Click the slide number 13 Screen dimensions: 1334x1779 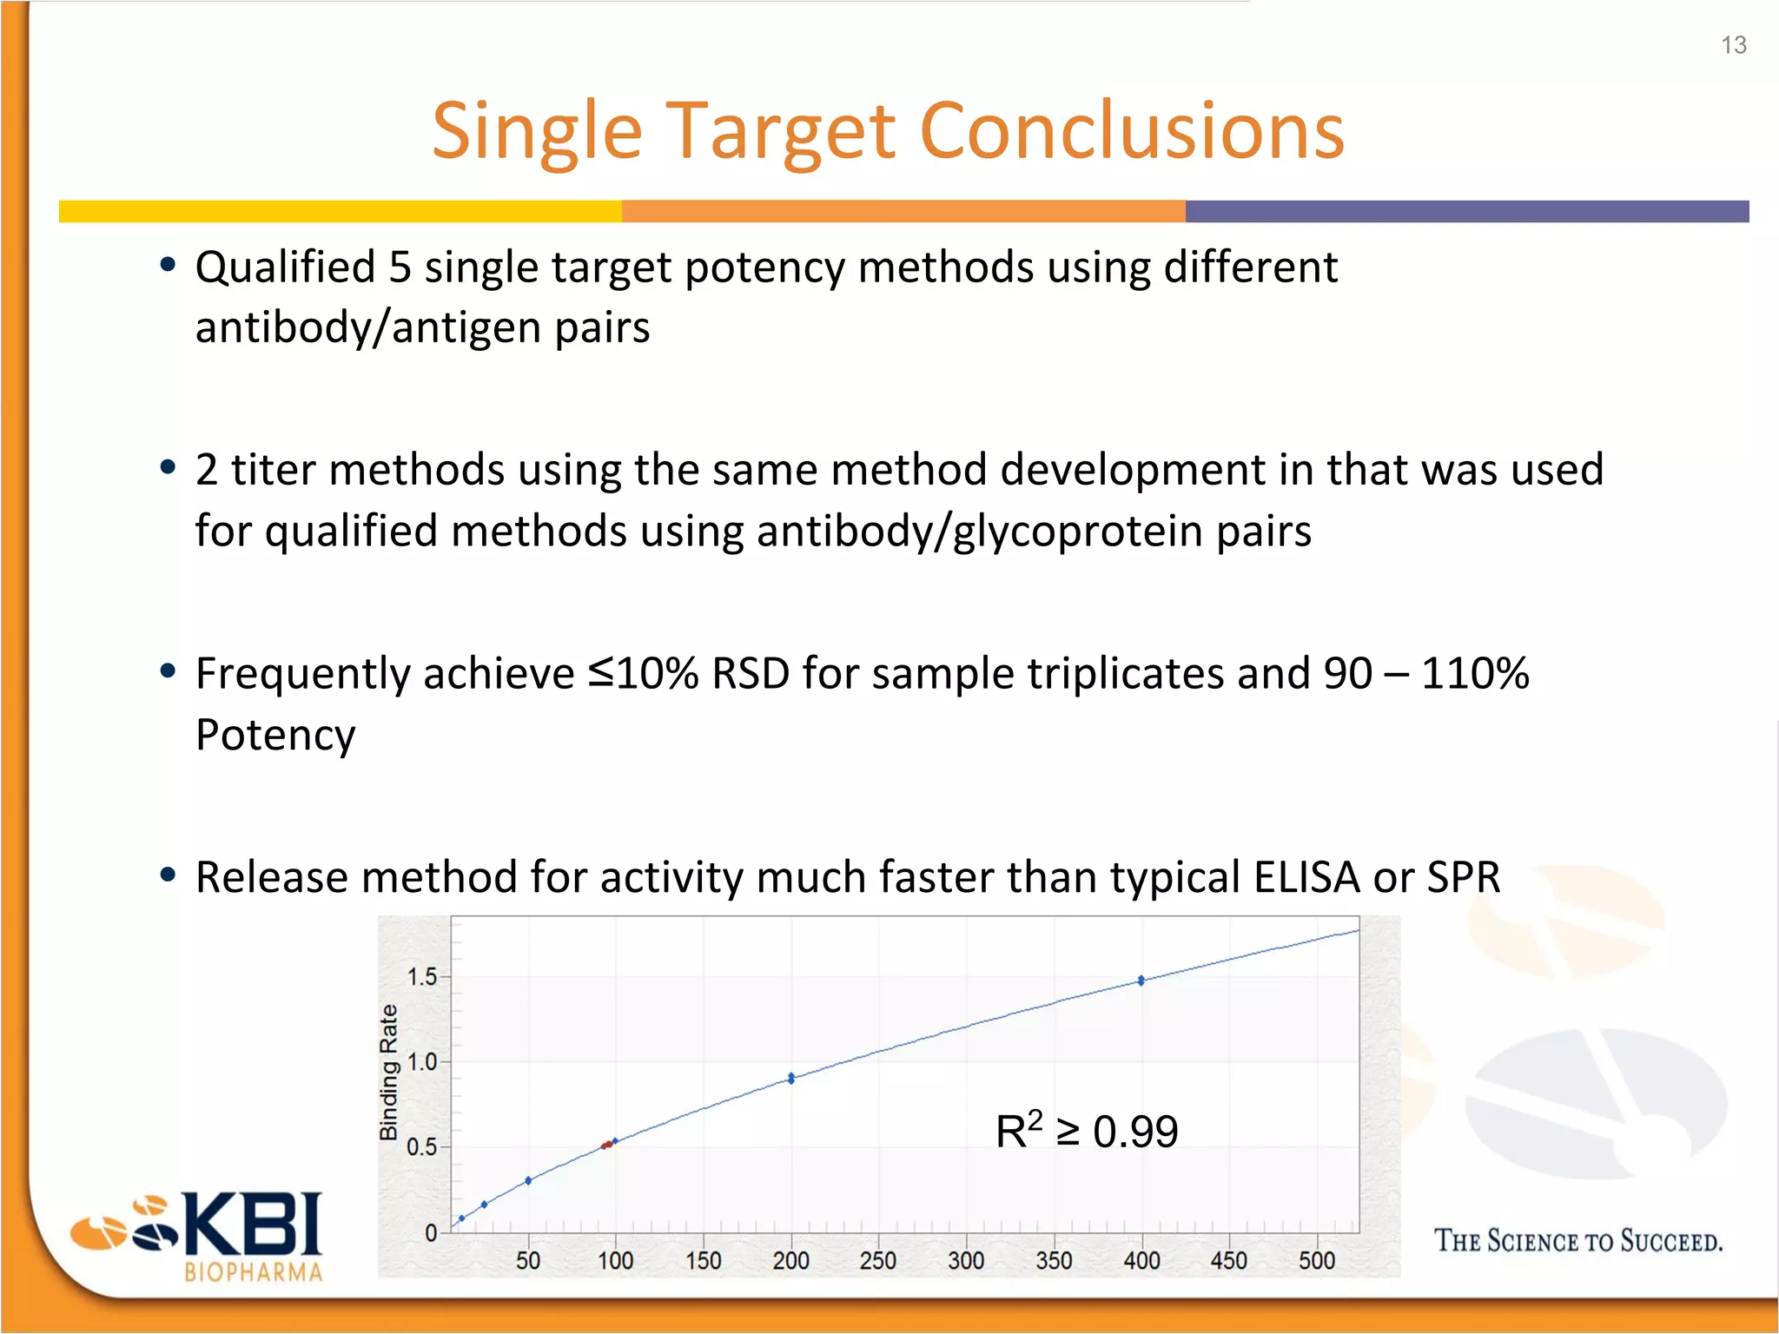pyautogui.click(x=1733, y=45)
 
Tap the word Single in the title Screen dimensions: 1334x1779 pyautogui.click(x=537, y=131)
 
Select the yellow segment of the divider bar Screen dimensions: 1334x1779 pyautogui.click(x=339, y=211)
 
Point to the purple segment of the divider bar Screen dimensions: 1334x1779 pyautogui.click(x=1466, y=211)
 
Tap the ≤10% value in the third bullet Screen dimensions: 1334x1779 pyautogui.click(x=644, y=673)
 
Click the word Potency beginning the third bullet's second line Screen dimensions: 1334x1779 pyautogui.click(x=275, y=735)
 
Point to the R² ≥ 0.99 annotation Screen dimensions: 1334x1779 pyautogui.click(x=1086, y=1131)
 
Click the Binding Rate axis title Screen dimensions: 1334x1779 pyautogui.click(x=388, y=1073)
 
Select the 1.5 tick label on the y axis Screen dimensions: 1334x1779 pyautogui.click(x=422, y=977)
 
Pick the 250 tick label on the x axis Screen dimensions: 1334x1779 pyautogui.click(x=877, y=1260)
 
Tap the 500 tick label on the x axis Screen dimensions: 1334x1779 pyautogui.click(x=1316, y=1260)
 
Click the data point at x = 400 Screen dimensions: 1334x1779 pyautogui.click(x=1141, y=981)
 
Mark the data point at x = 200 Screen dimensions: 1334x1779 pyautogui.click(x=791, y=1078)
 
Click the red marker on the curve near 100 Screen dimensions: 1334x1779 pyautogui.click(x=607, y=1145)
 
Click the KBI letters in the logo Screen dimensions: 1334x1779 pyautogui.click(x=252, y=1224)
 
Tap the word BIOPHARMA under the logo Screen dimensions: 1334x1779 pyautogui.click(x=253, y=1272)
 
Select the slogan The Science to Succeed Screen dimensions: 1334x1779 pyautogui.click(x=1577, y=1240)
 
